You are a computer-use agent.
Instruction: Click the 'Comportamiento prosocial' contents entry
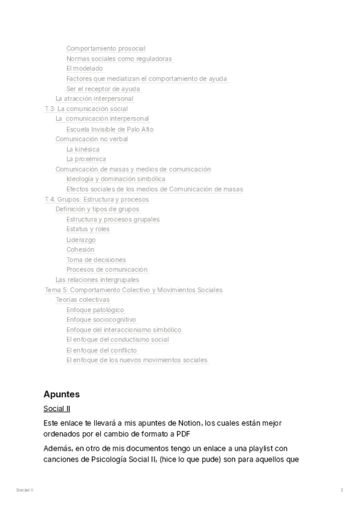106,49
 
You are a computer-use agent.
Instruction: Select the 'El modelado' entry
85,69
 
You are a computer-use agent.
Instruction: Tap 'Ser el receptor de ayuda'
99,89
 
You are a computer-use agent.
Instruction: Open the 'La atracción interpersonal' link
94,99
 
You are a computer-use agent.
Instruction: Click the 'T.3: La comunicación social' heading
86,109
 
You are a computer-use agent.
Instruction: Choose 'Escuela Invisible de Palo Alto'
110,129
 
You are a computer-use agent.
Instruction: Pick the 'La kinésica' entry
83,149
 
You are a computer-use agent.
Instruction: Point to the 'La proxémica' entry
86,159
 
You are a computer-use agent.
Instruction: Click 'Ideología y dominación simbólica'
116,179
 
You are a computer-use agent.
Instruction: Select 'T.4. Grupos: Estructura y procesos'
97,199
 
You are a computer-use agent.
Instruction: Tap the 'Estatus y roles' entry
88,229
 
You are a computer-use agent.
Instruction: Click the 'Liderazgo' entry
81,240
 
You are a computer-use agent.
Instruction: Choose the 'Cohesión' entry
80,250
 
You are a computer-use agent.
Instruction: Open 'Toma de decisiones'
96,260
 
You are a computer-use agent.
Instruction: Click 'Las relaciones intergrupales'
97,280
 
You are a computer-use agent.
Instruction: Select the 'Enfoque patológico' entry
95,310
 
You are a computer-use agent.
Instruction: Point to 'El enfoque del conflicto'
101,351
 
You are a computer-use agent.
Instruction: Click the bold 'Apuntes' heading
62,394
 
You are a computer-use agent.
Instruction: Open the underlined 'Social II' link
57,409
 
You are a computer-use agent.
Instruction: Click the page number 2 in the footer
342,490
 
